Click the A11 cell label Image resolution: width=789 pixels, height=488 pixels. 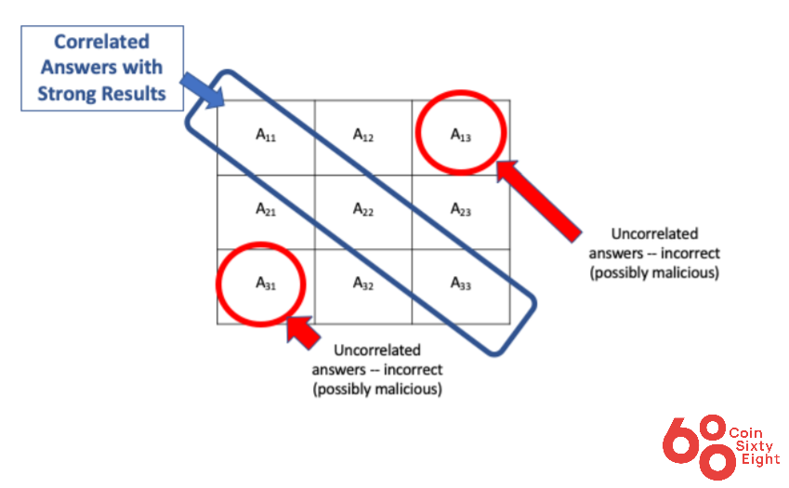click(x=266, y=135)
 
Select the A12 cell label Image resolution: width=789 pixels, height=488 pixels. click(x=362, y=135)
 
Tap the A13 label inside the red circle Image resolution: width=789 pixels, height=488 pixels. click(x=460, y=135)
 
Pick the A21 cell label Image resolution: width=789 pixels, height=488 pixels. click(x=266, y=209)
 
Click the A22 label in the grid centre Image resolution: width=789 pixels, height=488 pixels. click(x=362, y=209)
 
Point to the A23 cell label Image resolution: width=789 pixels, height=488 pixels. click(x=460, y=209)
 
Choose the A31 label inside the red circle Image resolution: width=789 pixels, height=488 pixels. click(x=266, y=284)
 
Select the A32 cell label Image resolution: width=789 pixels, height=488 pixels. click(x=362, y=284)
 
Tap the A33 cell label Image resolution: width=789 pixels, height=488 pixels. click(x=460, y=284)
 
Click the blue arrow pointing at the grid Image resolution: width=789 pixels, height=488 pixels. click(x=203, y=89)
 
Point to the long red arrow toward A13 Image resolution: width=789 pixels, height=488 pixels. click(x=538, y=201)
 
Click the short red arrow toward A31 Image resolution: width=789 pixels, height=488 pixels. click(x=303, y=332)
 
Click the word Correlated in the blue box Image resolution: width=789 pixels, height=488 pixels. click(x=101, y=42)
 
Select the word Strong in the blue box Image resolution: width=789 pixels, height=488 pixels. click(x=64, y=94)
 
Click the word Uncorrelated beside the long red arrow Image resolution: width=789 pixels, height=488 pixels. click(x=654, y=234)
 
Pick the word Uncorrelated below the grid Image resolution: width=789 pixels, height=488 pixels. click(x=377, y=350)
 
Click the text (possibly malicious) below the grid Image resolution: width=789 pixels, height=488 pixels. click(x=377, y=389)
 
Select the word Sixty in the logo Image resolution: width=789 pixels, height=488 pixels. click(x=754, y=446)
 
